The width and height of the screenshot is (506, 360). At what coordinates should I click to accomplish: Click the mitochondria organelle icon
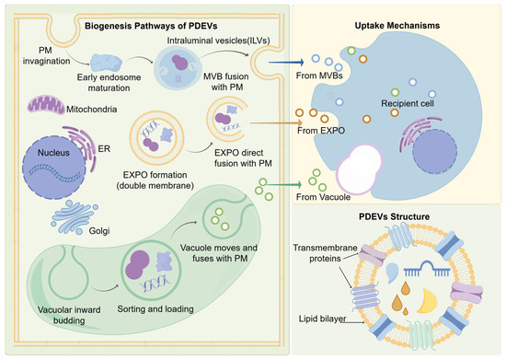click(x=46, y=105)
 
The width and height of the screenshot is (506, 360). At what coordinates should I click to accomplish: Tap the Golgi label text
click(x=99, y=231)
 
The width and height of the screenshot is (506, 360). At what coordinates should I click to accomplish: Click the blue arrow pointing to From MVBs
click(x=286, y=62)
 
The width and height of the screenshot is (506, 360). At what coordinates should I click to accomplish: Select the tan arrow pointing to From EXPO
click(x=276, y=122)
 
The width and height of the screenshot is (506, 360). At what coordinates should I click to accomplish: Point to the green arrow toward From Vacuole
click(x=284, y=184)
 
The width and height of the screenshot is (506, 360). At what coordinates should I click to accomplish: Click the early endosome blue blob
click(x=106, y=63)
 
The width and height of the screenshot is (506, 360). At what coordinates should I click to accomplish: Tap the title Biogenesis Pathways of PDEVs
click(x=151, y=26)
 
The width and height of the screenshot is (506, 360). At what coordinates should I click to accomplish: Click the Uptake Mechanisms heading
click(x=397, y=26)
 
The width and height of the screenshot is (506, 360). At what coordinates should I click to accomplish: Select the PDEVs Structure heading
click(x=394, y=216)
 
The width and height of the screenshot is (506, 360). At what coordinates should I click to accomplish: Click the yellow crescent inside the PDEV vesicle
click(x=428, y=302)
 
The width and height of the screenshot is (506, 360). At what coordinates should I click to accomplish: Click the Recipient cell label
click(x=408, y=104)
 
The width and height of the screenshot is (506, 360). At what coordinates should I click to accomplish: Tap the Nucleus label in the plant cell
click(x=53, y=153)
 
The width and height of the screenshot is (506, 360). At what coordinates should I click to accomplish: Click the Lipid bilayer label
click(x=322, y=319)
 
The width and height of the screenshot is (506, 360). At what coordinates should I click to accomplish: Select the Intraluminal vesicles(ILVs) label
click(x=218, y=41)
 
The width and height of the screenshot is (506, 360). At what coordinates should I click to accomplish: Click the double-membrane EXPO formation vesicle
click(x=156, y=138)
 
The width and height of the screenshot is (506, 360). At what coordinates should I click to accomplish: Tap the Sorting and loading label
click(x=155, y=309)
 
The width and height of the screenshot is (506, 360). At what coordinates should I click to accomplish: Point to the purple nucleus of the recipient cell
click(x=434, y=151)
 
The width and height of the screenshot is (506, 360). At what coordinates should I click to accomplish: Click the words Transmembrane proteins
click(x=325, y=253)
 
